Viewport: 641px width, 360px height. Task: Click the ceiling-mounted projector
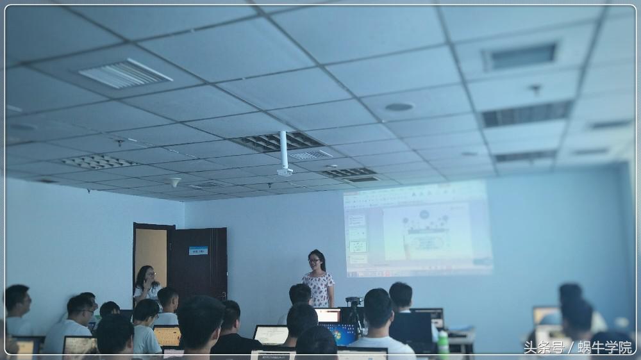pyautogui.click(x=285, y=171)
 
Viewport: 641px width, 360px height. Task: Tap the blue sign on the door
pyautogui.click(x=198, y=250)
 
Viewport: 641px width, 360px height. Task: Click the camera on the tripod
pyautogui.click(x=354, y=301)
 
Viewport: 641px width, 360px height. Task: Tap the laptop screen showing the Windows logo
pyautogui.click(x=339, y=332)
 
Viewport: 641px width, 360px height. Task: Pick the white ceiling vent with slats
pyautogui.click(x=126, y=74)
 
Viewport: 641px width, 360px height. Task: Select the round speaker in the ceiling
pyautogui.click(x=399, y=107)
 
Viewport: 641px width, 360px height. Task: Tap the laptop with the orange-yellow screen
pyautogui.click(x=167, y=335)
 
